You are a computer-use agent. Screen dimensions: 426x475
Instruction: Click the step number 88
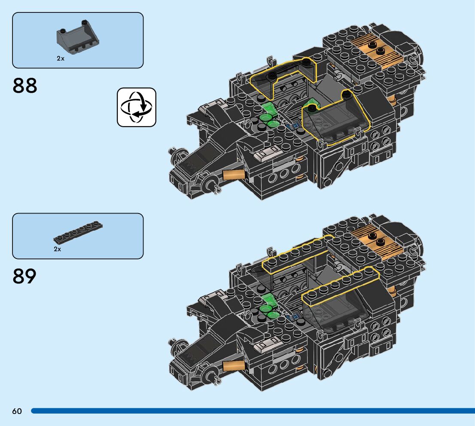25,86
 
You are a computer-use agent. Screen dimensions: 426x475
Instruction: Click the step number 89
25,277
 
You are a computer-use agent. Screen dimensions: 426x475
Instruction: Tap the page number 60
17,411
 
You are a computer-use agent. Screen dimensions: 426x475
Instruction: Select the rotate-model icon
137,107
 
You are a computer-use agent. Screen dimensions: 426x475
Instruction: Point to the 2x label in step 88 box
60,58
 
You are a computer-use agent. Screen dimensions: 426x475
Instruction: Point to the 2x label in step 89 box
58,249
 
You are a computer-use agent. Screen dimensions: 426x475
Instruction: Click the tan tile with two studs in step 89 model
377,240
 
